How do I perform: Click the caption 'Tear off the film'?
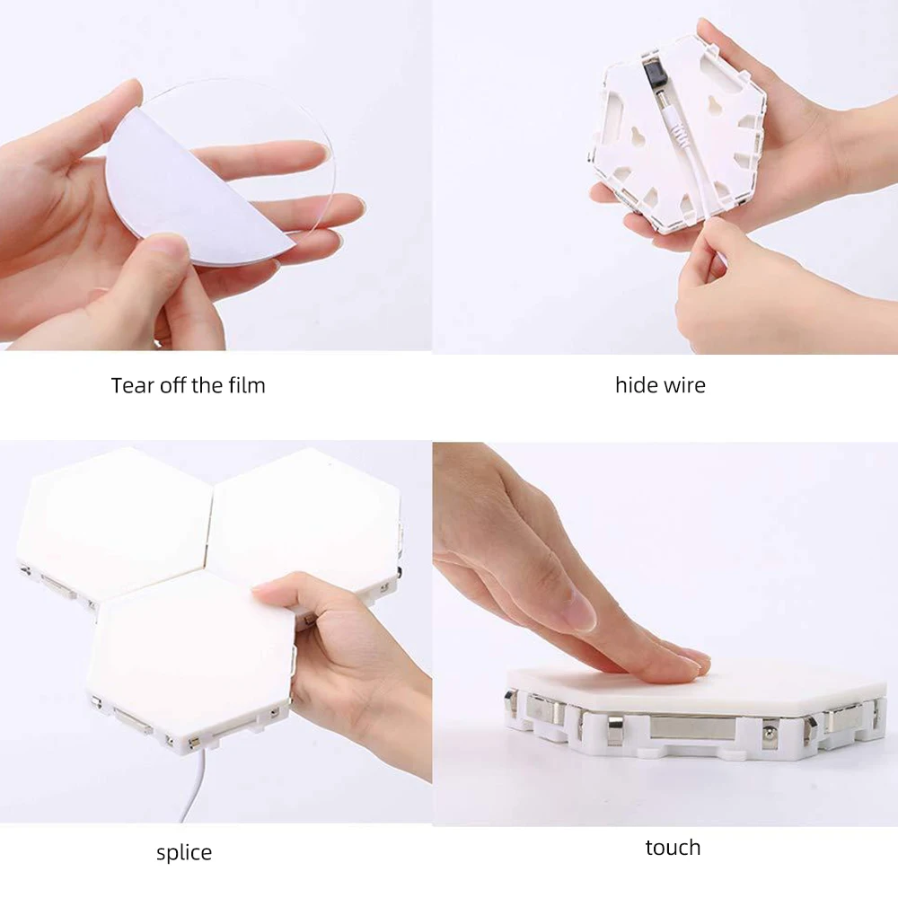(x=188, y=386)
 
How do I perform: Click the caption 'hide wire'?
(x=660, y=386)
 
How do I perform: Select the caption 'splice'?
(x=184, y=852)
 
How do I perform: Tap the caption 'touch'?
(x=673, y=847)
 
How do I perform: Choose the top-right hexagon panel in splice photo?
(x=305, y=521)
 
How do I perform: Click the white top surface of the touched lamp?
(x=763, y=687)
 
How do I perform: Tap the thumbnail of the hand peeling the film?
(x=162, y=247)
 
